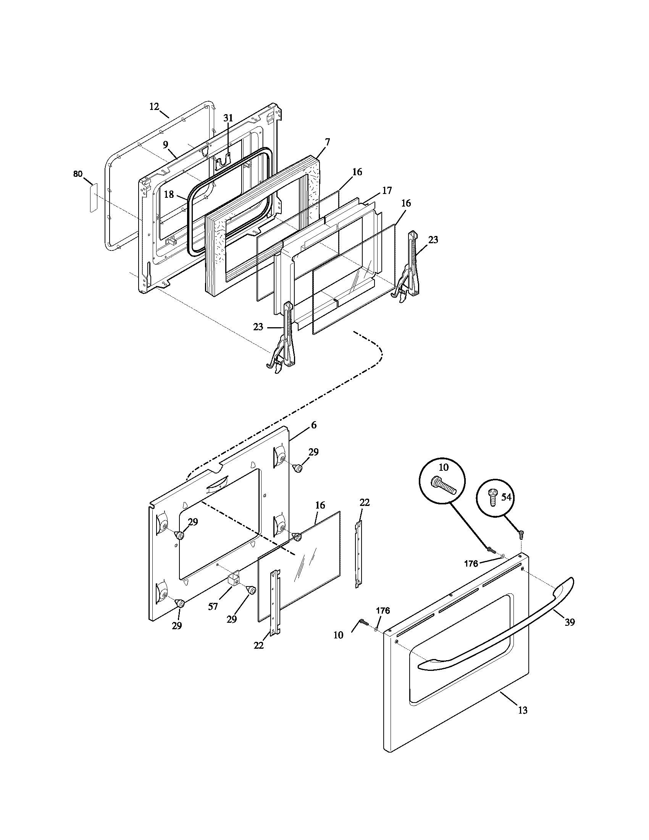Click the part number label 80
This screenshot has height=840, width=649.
coord(77,174)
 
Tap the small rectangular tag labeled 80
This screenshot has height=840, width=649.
coord(94,197)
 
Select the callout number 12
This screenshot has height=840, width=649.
coord(154,107)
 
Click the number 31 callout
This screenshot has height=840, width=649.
coord(228,118)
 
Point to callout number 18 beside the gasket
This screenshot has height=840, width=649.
coord(169,194)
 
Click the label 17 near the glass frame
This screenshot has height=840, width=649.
coord(387,191)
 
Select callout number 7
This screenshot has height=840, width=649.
coord(327,142)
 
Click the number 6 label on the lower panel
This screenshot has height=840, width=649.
coord(314,425)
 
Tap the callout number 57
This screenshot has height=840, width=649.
coord(213,607)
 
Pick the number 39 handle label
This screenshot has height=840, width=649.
coord(570,622)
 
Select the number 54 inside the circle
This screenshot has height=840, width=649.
coord(506,497)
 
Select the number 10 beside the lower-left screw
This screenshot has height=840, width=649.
coord(338,635)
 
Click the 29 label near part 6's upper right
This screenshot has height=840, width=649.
coord(314,452)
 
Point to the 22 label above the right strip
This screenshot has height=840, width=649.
coord(365,502)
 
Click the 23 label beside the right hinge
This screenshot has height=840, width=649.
coord(433,240)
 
